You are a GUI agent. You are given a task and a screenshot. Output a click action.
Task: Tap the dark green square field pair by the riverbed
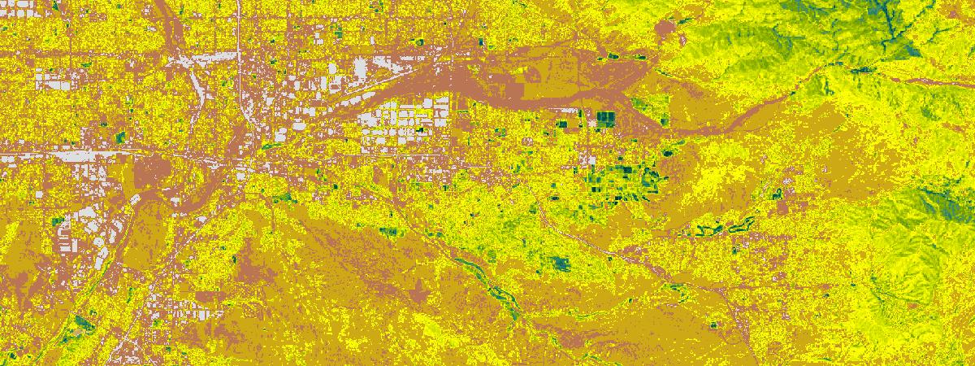[x=605, y=120]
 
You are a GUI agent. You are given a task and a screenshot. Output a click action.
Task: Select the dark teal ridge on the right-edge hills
[x=947, y=203]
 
